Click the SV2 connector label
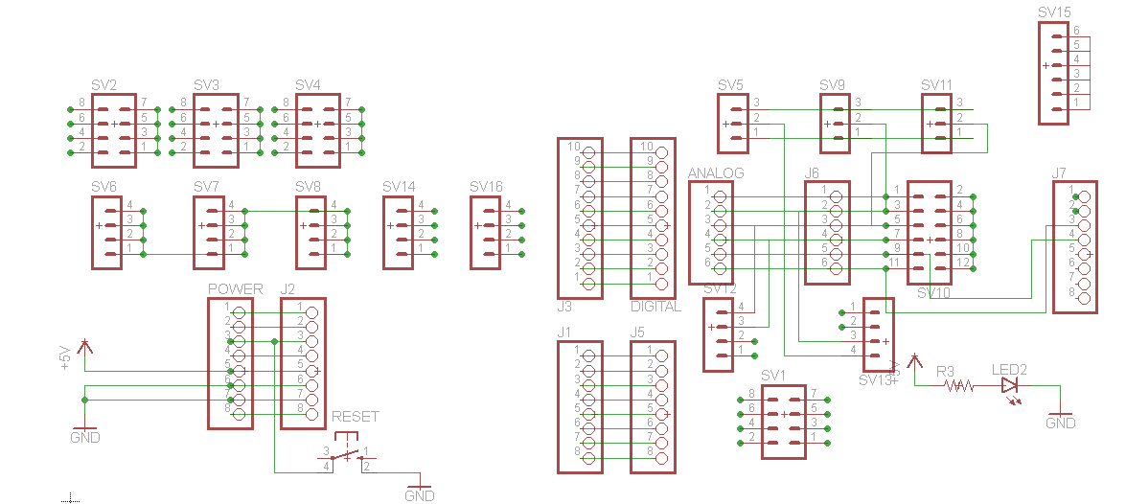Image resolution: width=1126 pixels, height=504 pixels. [x=104, y=85]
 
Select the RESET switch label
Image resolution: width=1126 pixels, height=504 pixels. [x=355, y=417]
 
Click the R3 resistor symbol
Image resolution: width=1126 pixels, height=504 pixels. [x=958, y=386]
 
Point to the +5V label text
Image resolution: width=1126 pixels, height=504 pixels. [x=65, y=357]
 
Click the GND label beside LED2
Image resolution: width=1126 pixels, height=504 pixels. [x=1060, y=424]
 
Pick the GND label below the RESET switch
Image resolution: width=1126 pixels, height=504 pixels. [x=419, y=496]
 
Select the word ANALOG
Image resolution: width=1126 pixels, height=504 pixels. [x=716, y=173]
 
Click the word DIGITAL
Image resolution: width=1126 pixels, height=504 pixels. [x=655, y=308]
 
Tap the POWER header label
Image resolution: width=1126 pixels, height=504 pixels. [x=235, y=289]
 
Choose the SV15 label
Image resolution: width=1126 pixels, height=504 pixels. [x=1054, y=12]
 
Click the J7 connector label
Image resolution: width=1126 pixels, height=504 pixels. [x=1059, y=173]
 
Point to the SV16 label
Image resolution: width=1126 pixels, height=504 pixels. [x=486, y=186]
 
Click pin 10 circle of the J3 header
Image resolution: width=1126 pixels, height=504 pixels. [x=588, y=149]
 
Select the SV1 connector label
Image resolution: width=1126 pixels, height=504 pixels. [x=773, y=375]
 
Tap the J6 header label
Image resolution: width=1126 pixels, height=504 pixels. [x=812, y=173]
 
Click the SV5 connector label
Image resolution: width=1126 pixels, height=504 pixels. [x=730, y=85]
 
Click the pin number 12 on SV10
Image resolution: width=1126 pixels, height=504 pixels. [x=962, y=262]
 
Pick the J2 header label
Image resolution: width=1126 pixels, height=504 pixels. [x=287, y=289]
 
